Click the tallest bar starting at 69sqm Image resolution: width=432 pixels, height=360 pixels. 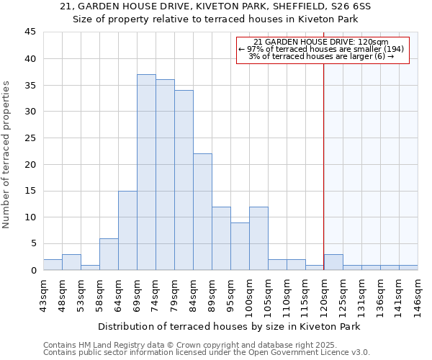click(146, 172)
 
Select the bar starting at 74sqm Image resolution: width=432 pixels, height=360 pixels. click(165, 175)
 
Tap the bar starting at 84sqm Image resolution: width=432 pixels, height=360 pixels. click(202, 212)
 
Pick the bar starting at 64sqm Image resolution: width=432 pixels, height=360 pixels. click(127, 230)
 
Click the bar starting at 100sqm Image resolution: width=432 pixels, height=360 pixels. click(258, 238)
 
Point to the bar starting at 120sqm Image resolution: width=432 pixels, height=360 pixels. click(333, 262)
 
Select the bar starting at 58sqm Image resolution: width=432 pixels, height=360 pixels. click(109, 254)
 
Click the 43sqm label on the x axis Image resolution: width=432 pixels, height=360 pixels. click(43, 293)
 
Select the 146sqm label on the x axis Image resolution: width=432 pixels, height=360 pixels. click(418, 293)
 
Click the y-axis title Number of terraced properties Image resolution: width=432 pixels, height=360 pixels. click(7, 155)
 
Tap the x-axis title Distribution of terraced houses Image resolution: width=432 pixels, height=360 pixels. click(230, 326)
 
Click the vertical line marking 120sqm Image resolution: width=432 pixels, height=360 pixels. click(324, 166)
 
